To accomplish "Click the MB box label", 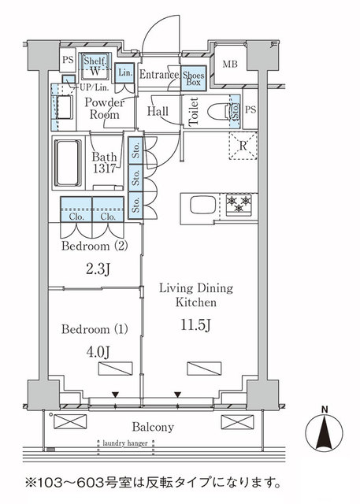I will click(x=230, y=65).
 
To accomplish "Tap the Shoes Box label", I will click(x=193, y=76).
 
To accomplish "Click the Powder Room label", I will click(x=103, y=109).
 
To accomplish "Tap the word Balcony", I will click(x=153, y=428).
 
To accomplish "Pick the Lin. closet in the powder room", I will click(x=124, y=72).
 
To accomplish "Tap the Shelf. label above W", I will click(x=94, y=61).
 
